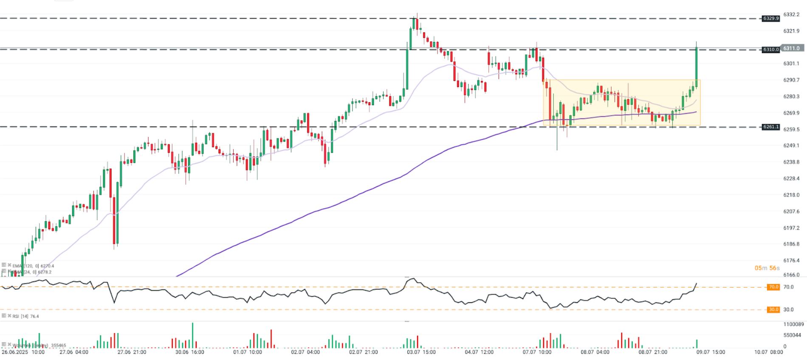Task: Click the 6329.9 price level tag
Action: coord(771,18)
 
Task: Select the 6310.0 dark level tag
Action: coord(771,50)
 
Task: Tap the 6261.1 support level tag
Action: coord(771,127)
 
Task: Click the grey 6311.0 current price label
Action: coord(791,48)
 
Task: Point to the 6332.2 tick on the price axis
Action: coord(791,14)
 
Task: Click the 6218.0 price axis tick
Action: coord(791,195)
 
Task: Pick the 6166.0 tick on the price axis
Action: coord(791,275)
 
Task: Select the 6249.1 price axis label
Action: coord(791,146)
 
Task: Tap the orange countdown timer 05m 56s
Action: coord(767,268)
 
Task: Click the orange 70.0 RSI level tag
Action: coord(773,287)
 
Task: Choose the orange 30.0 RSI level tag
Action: coord(773,309)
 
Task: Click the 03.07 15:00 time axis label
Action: coord(421,352)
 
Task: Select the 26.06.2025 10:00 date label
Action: coord(23,352)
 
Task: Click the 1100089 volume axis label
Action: coord(793,324)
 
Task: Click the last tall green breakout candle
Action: coord(697,64)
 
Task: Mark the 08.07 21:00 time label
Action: coord(653,352)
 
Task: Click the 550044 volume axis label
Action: coord(792,335)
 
